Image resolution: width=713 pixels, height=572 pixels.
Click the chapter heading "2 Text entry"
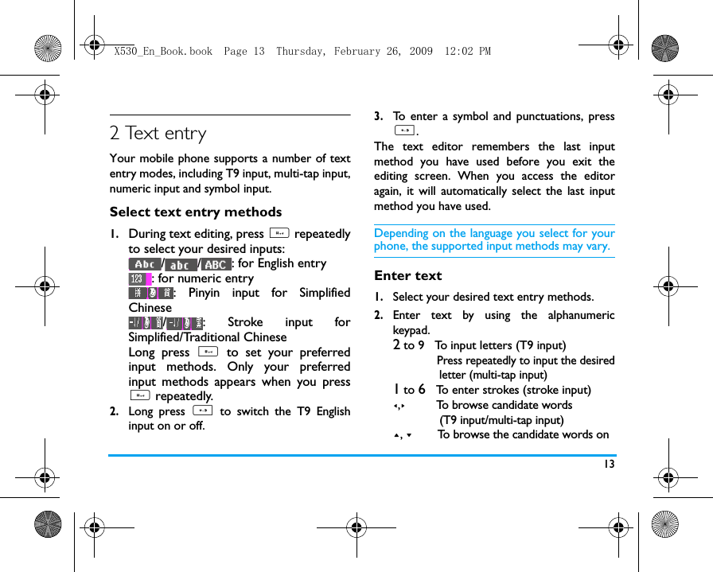158,134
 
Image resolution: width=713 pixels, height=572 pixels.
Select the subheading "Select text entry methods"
196,212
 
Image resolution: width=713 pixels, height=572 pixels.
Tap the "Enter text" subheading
407,276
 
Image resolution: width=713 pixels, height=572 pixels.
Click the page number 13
609,465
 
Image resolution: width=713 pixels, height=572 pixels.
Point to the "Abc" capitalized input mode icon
144,264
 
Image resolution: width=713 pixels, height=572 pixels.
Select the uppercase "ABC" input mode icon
215,264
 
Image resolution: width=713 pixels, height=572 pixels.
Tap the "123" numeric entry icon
138,279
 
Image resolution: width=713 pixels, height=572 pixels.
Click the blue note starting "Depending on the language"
494,239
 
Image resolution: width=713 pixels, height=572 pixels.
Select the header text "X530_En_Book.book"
163,52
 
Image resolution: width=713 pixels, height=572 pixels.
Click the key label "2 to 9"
408,345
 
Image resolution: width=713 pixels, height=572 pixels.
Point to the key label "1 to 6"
409,390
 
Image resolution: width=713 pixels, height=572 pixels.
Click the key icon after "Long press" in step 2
201,411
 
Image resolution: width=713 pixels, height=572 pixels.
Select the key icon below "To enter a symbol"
404,130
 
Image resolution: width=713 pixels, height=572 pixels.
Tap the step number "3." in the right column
379,117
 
